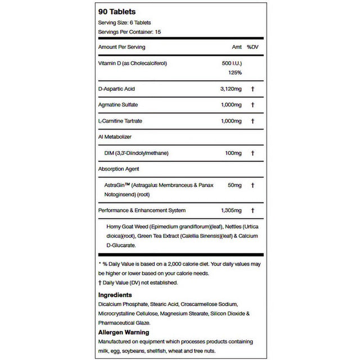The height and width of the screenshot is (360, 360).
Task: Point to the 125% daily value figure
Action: [x=235, y=73]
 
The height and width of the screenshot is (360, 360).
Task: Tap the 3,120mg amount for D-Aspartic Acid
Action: [x=230, y=89]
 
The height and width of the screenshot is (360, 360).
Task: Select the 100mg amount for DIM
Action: [x=233, y=152]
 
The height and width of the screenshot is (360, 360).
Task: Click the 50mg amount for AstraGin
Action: [x=235, y=184]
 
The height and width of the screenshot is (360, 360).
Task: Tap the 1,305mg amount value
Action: [x=230, y=210]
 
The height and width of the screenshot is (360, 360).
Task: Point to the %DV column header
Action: [x=252, y=47]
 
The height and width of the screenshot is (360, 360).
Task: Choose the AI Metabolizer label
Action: [x=115, y=137]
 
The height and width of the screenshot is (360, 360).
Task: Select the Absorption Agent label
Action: [x=118, y=168]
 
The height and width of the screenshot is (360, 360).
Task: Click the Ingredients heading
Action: [x=115, y=294]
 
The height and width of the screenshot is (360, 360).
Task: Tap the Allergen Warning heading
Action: [x=123, y=332]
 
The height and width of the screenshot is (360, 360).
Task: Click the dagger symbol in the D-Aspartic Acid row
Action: [x=253, y=89]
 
